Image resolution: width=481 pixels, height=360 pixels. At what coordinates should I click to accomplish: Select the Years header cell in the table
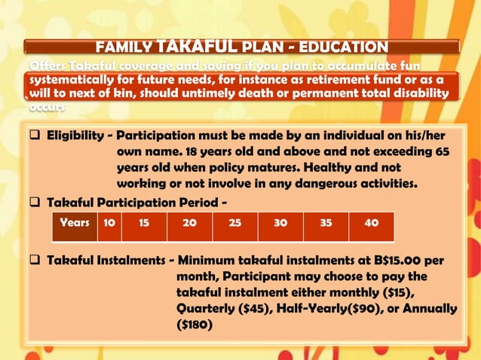click(75, 224)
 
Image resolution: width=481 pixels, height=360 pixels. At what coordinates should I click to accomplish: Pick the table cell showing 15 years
click(144, 224)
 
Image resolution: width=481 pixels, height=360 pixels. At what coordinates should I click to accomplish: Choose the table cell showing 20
click(189, 224)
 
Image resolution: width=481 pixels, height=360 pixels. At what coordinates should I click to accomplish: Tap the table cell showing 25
click(234, 224)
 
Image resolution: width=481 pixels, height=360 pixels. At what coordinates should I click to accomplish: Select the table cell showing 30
click(280, 224)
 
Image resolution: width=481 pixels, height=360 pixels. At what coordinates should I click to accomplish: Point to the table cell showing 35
click(326, 224)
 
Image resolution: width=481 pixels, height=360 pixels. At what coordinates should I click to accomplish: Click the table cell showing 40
click(370, 224)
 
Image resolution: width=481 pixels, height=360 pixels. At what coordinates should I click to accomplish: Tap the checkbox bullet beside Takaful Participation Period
click(35, 203)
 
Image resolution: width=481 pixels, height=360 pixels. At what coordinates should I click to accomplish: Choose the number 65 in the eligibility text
click(443, 151)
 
